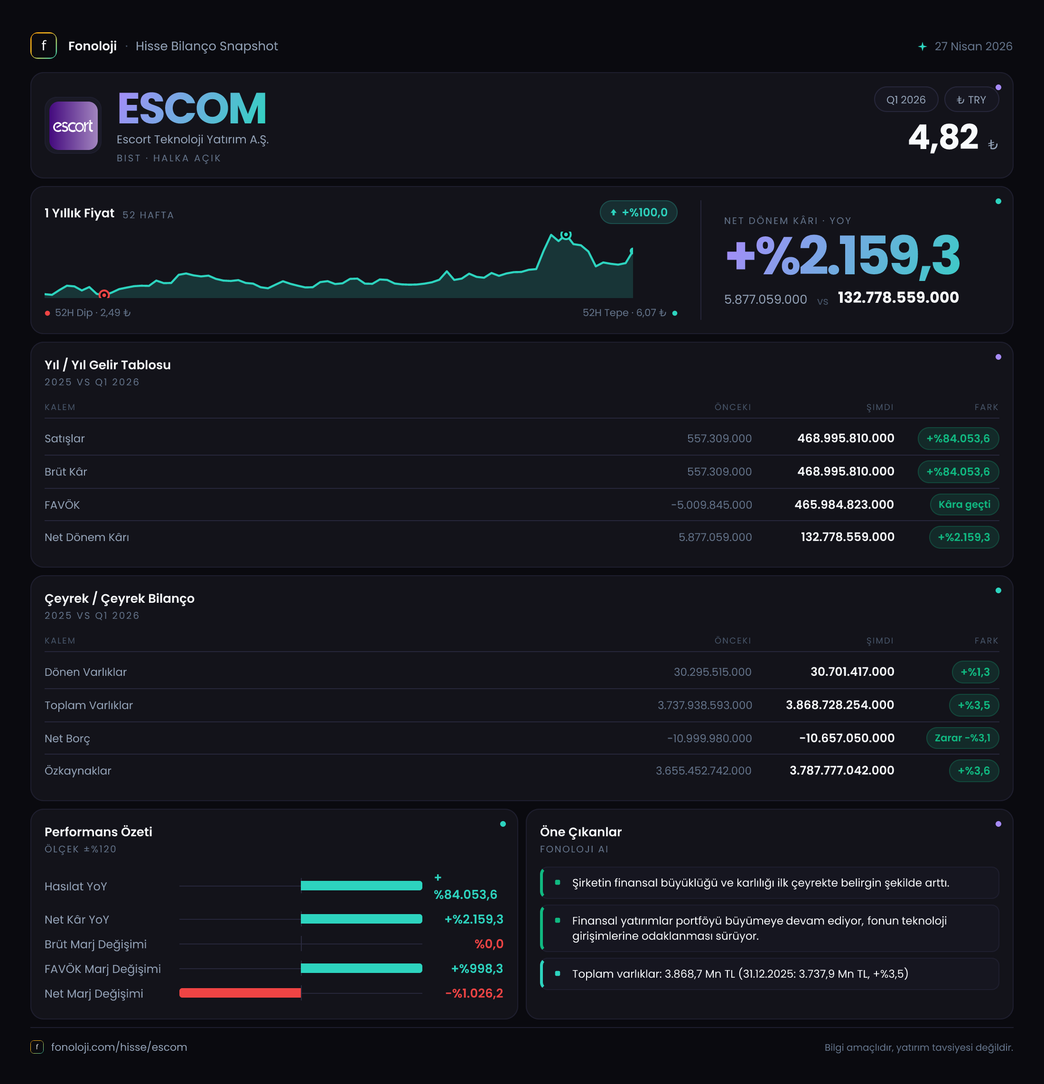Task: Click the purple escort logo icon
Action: pyautogui.click(x=73, y=126)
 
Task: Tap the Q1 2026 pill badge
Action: pyautogui.click(x=906, y=100)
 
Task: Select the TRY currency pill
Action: pyautogui.click(x=971, y=100)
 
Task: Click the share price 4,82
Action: pyautogui.click(x=943, y=137)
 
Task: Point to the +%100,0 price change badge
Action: pyautogui.click(x=639, y=212)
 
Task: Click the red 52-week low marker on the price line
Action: pyautogui.click(x=104, y=295)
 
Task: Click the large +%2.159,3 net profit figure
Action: pyautogui.click(x=843, y=255)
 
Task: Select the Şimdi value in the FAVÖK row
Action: pyautogui.click(x=844, y=505)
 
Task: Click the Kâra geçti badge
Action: pyautogui.click(x=964, y=505)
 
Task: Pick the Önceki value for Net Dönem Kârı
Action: pyautogui.click(x=715, y=537)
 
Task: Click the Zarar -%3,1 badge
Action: pyautogui.click(x=962, y=738)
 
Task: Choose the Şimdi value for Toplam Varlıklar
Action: pyautogui.click(x=840, y=705)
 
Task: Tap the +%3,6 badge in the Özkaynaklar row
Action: pyautogui.click(x=974, y=770)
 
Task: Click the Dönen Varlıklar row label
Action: pyautogui.click(x=86, y=672)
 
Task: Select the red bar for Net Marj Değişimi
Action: pyautogui.click(x=240, y=993)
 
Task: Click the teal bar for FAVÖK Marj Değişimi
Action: pyautogui.click(x=362, y=968)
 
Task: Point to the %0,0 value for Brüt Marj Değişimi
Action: pyautogui.click(x=489, y=944)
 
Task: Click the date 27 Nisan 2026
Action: pyautogui.click(x=973, y=46)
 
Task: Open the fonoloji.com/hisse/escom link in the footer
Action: pyautogui.click(x=119, y=1047)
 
